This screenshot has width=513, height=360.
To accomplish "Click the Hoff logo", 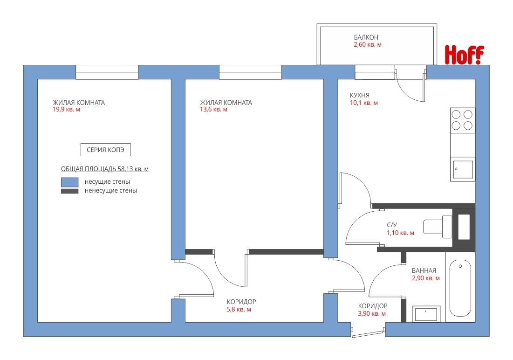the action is tap(464, 55).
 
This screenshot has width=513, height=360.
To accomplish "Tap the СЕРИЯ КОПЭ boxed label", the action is tap(105, 150).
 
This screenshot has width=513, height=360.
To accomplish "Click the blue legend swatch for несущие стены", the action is tap(70, 182).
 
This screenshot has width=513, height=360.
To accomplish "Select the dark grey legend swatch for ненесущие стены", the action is tap(70, 191).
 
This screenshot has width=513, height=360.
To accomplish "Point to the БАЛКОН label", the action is tap(366, 37).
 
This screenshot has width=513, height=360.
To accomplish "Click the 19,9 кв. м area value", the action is tap(67, 110).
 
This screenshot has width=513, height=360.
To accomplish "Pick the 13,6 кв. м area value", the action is tap(214, 110).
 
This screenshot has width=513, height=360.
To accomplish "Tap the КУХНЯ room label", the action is tap(360, 95).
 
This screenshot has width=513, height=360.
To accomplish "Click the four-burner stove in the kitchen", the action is tap(462, 120).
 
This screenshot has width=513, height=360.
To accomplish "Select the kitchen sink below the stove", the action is tap(463, 169).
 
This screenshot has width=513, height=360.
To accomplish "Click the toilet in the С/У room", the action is tap(438, 227).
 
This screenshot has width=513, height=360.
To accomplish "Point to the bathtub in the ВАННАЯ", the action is tap(460, 288).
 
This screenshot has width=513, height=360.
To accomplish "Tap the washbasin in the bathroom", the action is tap(426, 314).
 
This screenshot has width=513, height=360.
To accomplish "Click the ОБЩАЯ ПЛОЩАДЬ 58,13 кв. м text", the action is tap(105, 169).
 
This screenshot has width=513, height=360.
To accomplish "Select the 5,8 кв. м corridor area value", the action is tap(239, 310).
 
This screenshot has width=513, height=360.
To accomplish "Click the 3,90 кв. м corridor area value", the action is tap(372, 314).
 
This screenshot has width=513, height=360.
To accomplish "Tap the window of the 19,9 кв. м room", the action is tap(107, 72).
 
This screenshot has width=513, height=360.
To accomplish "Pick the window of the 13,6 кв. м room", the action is tap(250, 72).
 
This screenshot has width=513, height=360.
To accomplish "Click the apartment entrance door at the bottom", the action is tap(368, 333).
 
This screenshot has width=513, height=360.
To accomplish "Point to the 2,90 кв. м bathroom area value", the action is tap(426, 278).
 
